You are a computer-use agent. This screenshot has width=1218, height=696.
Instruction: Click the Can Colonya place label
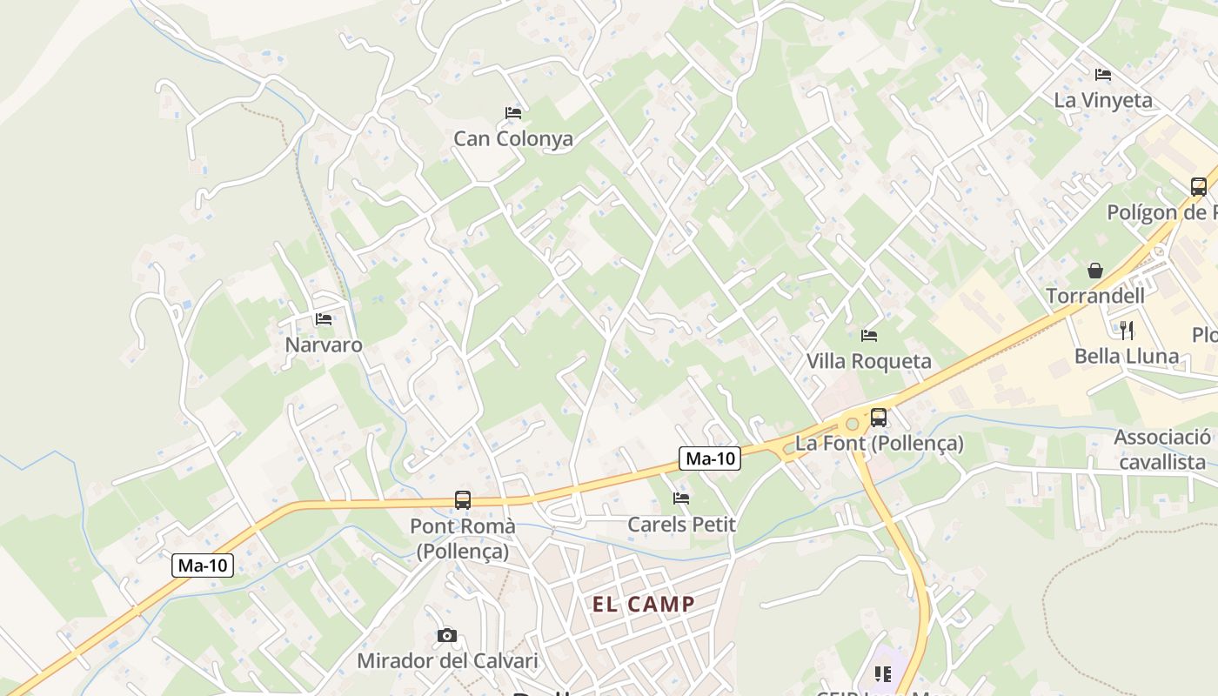[513, 139]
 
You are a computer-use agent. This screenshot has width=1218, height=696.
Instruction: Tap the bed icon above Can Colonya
[513, 113]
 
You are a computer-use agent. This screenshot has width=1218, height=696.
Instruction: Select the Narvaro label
[324, 345]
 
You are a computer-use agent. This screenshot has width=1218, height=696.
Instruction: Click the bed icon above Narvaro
[324, 319]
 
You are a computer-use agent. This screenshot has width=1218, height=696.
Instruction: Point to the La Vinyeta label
[1103, 101]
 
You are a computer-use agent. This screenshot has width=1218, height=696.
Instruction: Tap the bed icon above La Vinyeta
[1103, 75]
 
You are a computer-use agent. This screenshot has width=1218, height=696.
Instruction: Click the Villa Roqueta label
[868, 361]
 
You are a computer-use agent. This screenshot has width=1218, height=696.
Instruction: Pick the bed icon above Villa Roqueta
[868, 335]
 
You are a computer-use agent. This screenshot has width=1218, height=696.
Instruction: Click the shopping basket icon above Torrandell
[1095, 271]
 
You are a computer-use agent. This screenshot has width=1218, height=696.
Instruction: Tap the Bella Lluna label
[1127, 357]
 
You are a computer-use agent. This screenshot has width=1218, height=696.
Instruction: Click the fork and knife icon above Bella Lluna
[1127, 330]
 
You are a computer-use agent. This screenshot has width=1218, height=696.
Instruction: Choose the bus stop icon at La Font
[879, 418]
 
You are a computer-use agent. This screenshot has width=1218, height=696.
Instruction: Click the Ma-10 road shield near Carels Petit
[709, 458]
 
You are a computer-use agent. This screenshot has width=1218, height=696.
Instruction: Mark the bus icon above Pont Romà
[463, 500]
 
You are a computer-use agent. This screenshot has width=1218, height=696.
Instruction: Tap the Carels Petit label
[681, 525]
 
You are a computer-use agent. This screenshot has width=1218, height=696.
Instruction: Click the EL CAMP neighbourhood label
[644, 605]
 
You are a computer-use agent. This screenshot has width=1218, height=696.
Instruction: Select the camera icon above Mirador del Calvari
[447, 636]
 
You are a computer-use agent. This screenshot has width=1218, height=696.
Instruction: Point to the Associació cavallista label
[1162, 450]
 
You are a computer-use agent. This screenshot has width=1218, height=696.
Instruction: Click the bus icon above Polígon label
[1199, 186]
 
